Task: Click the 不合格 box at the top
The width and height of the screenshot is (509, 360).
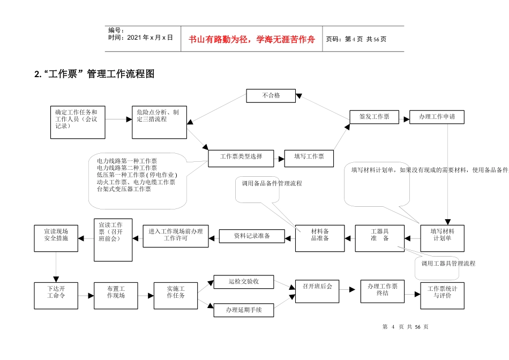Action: coord(271,96)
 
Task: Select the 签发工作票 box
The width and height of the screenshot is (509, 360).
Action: coord(374,117)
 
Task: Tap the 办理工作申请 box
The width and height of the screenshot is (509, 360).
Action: coord(437,117)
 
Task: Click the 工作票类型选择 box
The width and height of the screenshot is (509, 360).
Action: coord(241,157)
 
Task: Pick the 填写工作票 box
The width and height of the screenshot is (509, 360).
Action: coord(309,157)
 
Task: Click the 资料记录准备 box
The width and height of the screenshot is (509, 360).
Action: coord(252,236)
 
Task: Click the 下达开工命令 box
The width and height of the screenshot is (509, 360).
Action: coord(56,295)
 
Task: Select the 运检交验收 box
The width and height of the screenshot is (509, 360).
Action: coord(244,282)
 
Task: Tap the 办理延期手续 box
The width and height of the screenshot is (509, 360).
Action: coord(244,310)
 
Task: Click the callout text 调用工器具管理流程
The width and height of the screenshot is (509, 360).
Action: coord(448,264)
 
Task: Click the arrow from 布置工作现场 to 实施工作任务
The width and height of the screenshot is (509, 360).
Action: coord(143,295)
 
